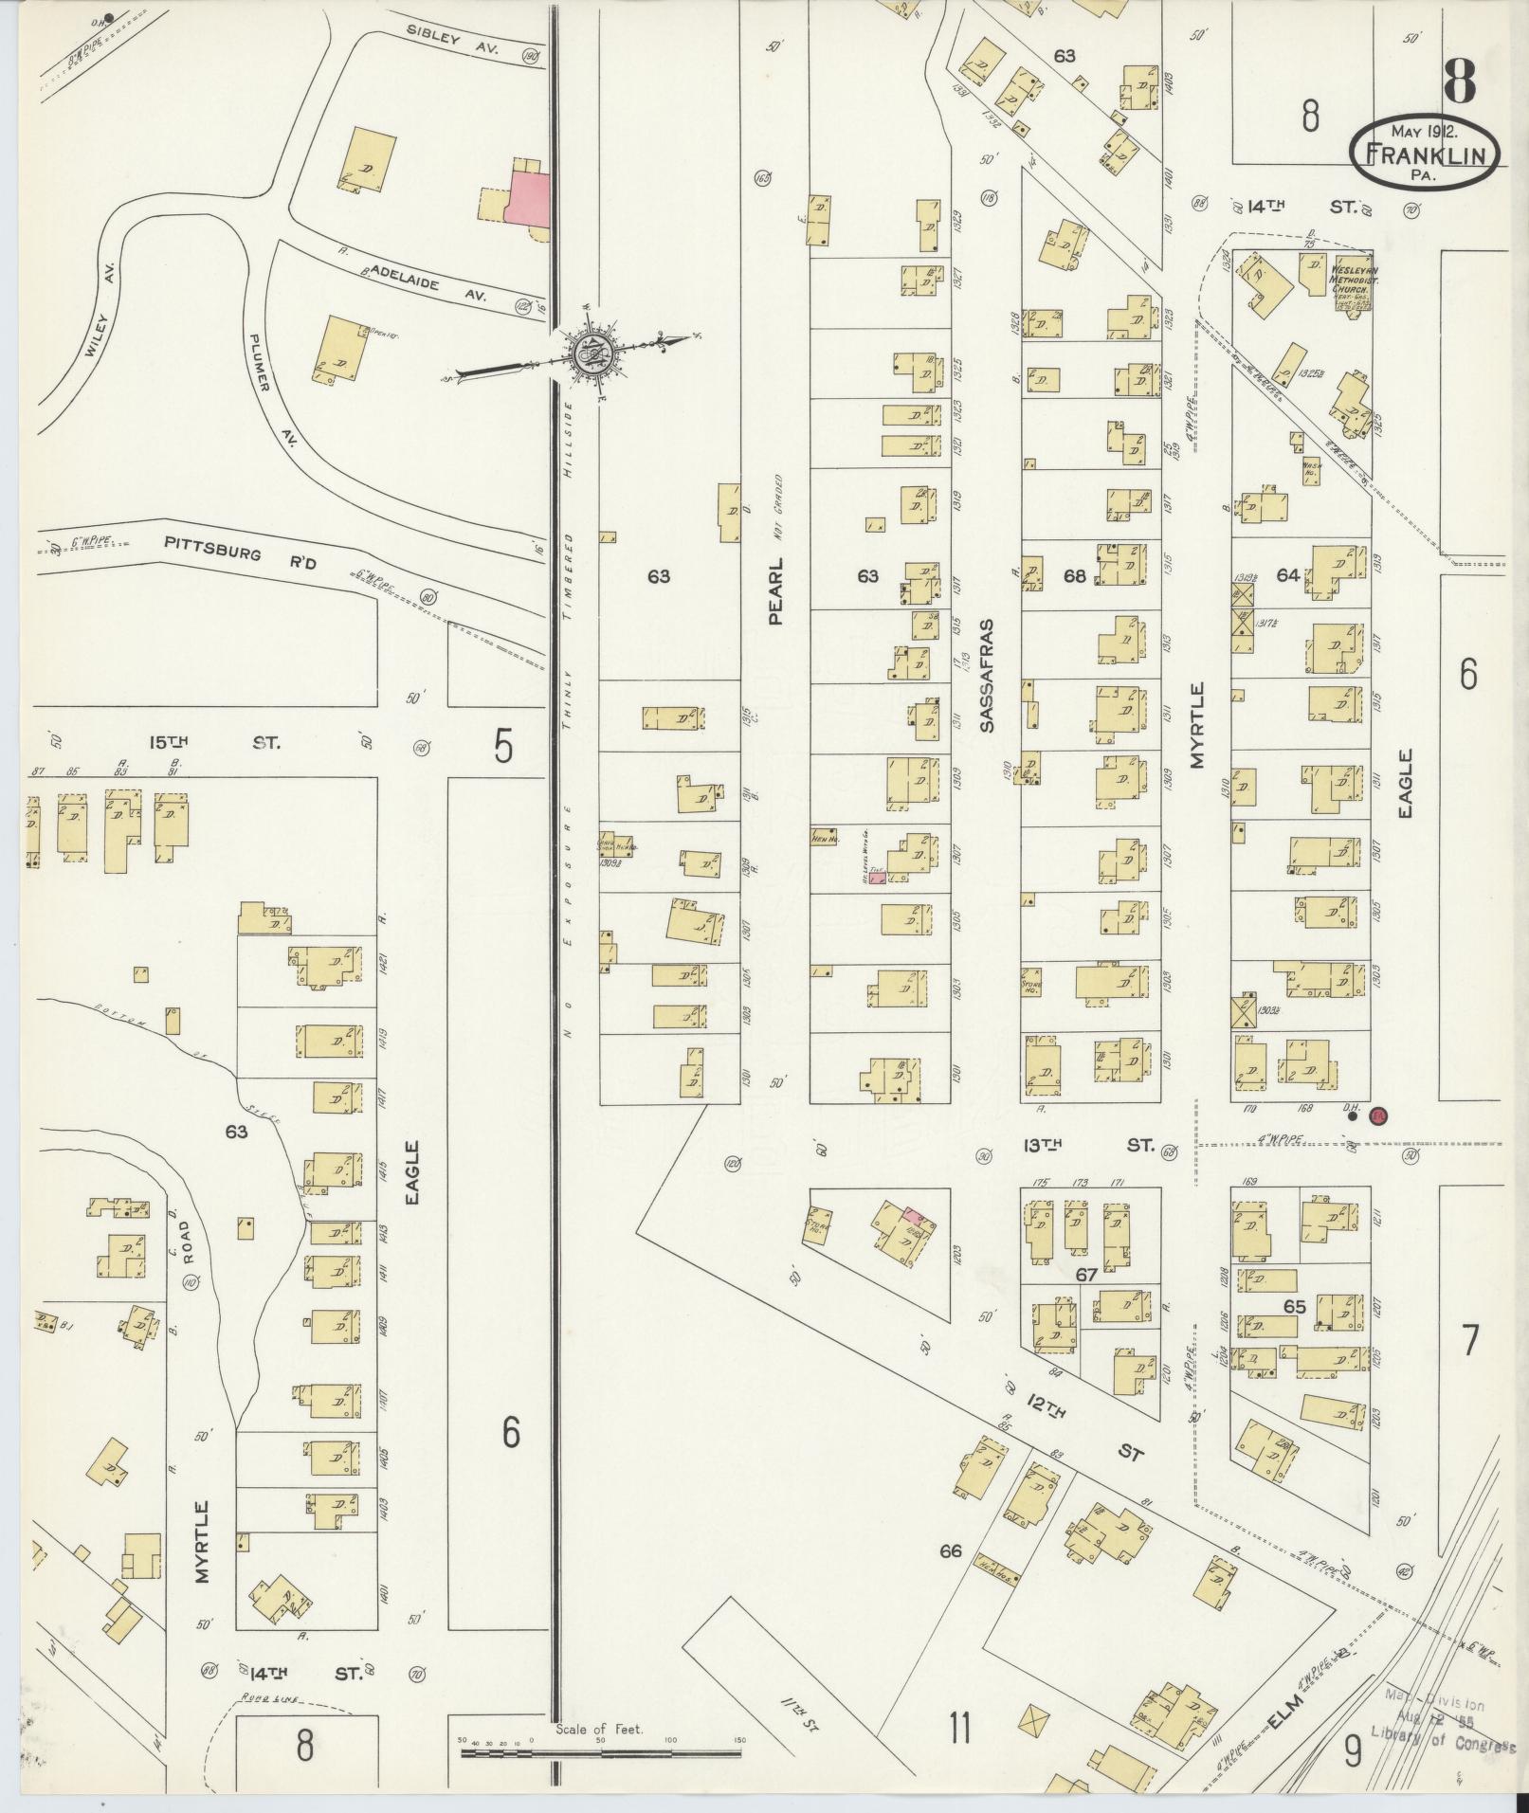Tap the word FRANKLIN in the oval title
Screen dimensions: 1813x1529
pos(1425,154)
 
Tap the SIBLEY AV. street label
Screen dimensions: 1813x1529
pos(458,40)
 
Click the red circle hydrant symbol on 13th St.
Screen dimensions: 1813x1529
pos(1378,1116)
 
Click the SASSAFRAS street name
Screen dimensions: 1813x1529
pos(987,675)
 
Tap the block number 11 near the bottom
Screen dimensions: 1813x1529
pos(958,1730)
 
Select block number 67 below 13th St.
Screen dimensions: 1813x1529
pos(1085,1276)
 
